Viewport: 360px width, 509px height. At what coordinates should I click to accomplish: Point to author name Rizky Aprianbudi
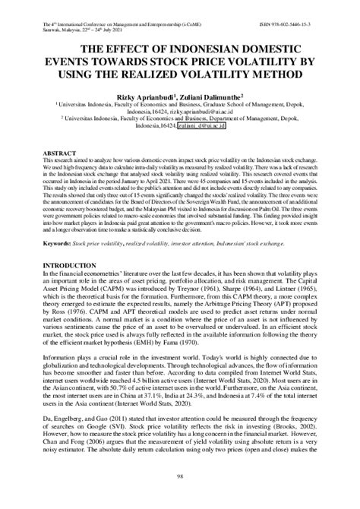[142, 98]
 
